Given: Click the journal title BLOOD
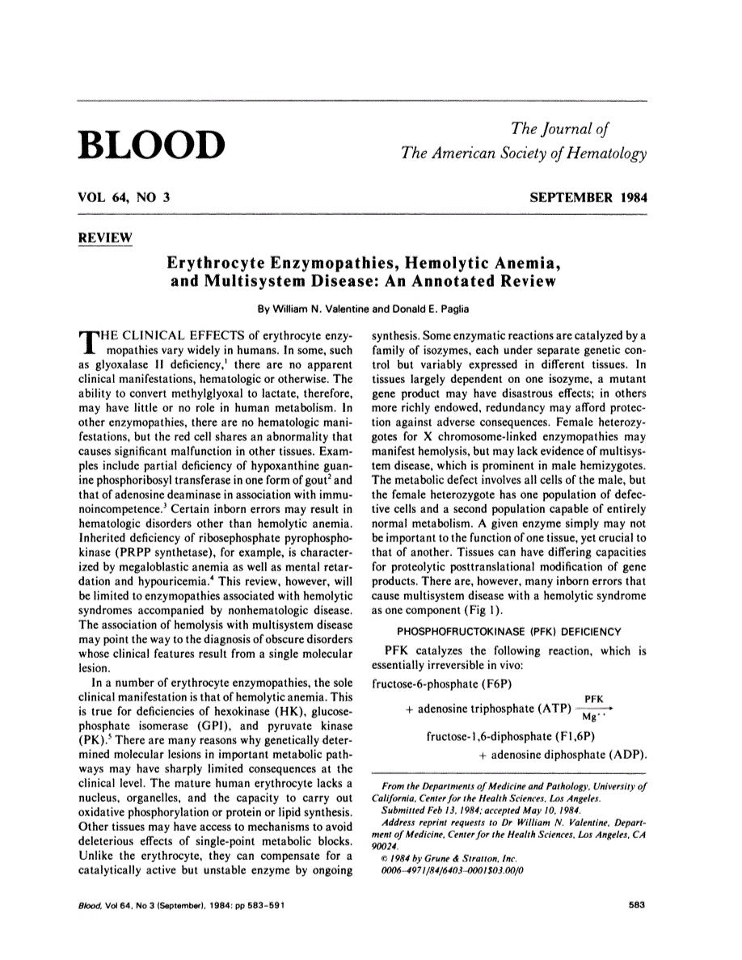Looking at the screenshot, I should click(151, 143).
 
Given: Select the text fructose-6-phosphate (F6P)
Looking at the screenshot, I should click(430, 684).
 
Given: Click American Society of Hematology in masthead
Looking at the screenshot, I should click(526, 154).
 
